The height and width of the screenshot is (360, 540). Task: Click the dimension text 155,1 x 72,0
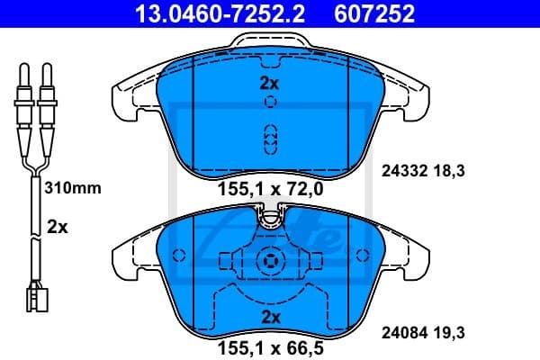point(270,189)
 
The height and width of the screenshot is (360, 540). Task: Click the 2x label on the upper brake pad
point(270,84)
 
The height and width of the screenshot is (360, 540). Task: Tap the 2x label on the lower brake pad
point(270,317)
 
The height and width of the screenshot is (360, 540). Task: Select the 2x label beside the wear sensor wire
point(57,228)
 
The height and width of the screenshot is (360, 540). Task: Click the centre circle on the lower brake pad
point(269,261)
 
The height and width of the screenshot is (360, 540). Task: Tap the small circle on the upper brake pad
point(270,102)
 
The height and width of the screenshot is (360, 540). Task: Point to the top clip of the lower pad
point(269,216)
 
